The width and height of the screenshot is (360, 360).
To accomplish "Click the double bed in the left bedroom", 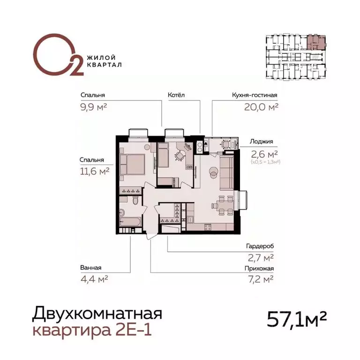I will click(132, 165).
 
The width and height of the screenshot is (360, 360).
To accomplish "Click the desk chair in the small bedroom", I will click(180, 155).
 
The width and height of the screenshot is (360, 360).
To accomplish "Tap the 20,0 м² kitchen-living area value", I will click(262, 106).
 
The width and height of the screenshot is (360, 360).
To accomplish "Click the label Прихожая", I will click(259, 269).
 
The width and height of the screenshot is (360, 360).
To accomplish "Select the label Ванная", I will click(91, 268).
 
